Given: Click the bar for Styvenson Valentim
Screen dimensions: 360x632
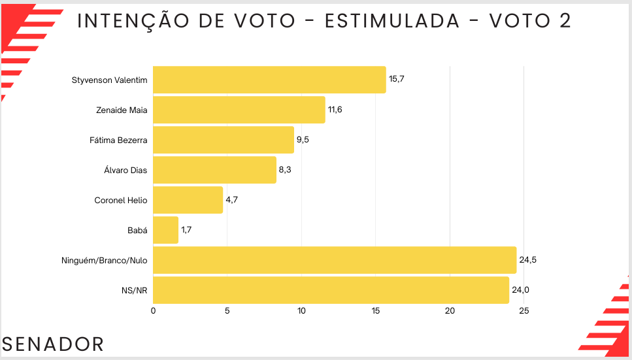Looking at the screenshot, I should coord(269,80).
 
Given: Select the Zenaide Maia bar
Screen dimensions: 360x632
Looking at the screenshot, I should coord(239,110).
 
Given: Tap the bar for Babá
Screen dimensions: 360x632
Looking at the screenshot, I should coord(165,230).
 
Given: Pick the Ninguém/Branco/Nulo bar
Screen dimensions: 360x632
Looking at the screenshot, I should coord(335,260).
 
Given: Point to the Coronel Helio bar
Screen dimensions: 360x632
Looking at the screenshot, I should coord(188,200).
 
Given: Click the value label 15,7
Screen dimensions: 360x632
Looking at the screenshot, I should coord(397,79).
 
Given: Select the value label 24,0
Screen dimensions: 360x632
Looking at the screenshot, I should coord(520,290).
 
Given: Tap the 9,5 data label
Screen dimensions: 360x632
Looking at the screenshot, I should coord(303,140).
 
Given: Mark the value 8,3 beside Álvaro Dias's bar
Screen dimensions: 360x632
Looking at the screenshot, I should coord(286,170).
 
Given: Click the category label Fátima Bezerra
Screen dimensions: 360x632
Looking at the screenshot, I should coord(118,140).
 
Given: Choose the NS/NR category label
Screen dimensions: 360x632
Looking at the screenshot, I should coord(135,290).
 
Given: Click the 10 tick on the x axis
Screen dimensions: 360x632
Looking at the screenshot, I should coord(301,312).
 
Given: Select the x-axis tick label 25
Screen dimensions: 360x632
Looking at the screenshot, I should coord(524,312).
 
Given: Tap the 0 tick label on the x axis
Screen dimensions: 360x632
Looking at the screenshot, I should coord(153,312).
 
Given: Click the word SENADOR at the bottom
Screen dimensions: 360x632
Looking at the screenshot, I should coord(54,344).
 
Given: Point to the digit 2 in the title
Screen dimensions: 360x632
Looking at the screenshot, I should coord(565,21).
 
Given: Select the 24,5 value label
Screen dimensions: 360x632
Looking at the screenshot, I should coord(527,260).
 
